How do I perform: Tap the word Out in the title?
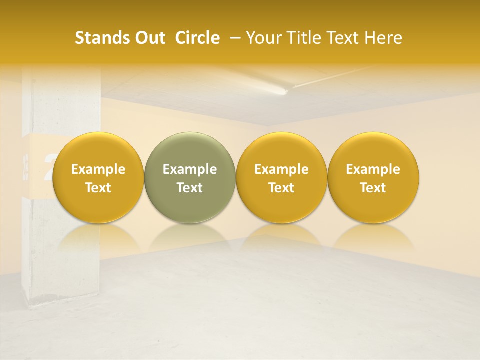149,38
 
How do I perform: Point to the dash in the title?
233,38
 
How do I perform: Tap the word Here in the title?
382,38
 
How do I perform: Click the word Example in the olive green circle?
190,169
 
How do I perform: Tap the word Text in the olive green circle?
190,188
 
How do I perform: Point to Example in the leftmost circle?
98,169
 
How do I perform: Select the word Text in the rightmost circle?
373,188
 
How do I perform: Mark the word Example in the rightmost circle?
373,169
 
